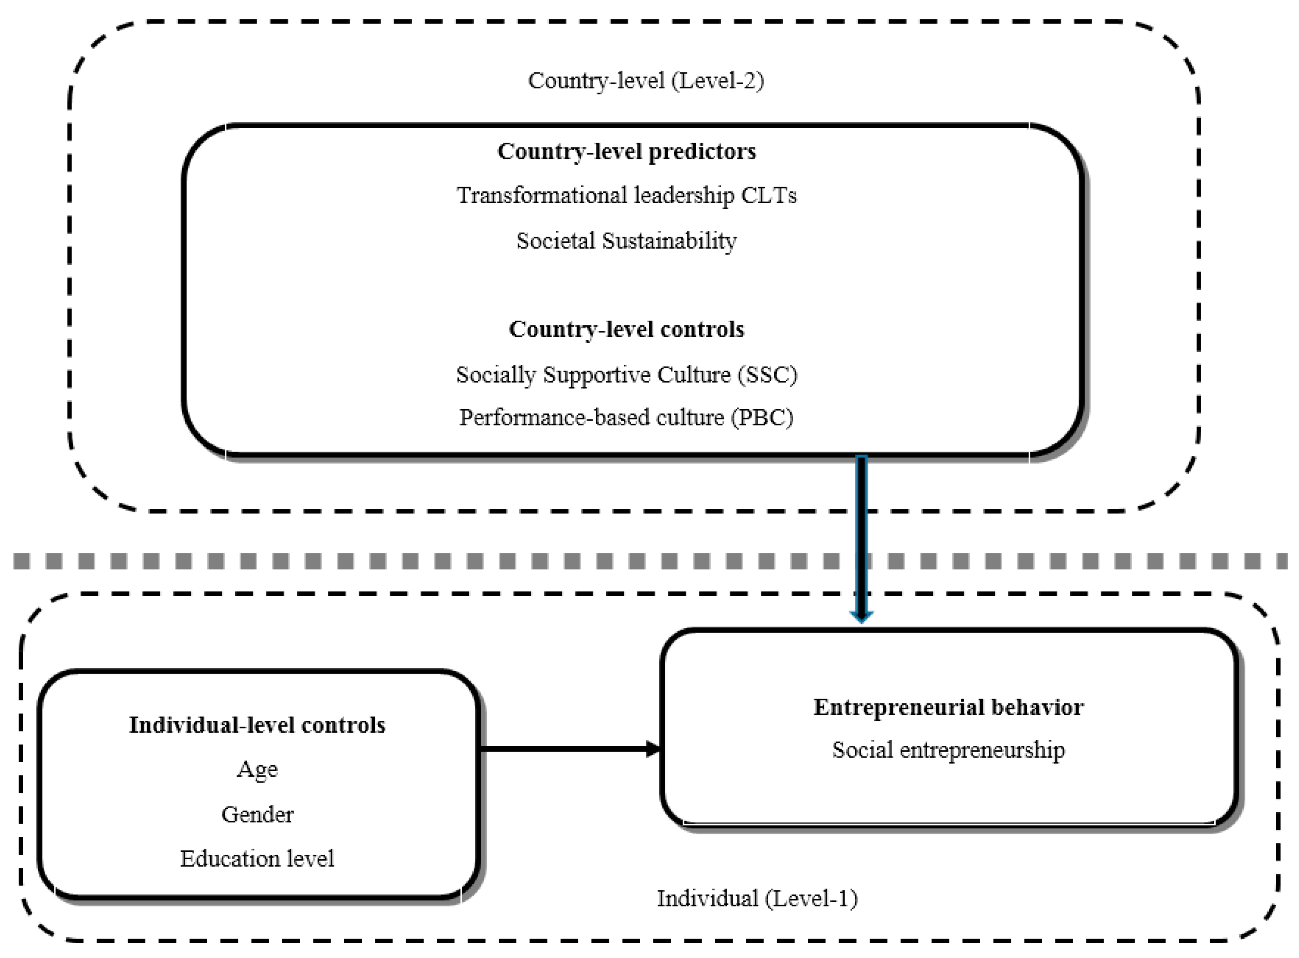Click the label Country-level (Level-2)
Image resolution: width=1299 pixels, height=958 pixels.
[x=645, y=81]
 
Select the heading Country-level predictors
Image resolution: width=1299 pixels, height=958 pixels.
[x=627, y=151]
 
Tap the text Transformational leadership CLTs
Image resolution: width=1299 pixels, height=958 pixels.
[x=626, y=195]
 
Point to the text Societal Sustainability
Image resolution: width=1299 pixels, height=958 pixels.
[x=626, y=241]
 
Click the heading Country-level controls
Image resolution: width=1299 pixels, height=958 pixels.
[x=626, y=329]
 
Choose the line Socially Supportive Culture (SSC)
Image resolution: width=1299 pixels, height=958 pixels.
[x=626, y=375]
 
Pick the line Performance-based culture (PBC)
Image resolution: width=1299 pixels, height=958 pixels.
[x=626, y=418]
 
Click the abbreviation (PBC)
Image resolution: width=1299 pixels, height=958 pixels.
[x=763, y=418]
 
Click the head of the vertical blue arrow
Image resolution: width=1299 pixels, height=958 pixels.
[x=861, y=616]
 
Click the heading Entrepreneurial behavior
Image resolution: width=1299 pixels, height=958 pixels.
[x=948, y=707]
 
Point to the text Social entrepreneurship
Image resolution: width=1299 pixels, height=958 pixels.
[x=948, y=750]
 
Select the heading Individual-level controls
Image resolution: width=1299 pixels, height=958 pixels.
[x=257, y=725]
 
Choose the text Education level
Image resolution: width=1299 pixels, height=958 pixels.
[x=257, y=859]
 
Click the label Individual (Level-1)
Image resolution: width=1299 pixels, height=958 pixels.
[x=757, y=898]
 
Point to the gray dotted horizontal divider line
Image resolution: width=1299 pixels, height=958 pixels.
[x=406, y=562]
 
